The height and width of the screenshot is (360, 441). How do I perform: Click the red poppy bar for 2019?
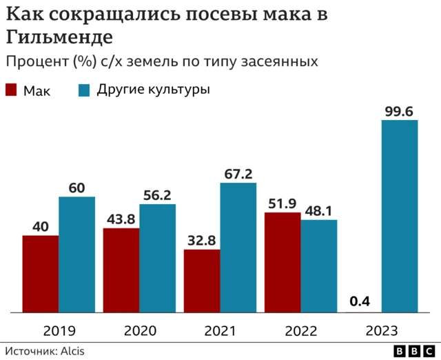tap(41, 274)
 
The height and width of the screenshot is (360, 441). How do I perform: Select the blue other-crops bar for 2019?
tap(76, 255)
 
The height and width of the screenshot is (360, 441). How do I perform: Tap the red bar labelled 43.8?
tap(121, 271)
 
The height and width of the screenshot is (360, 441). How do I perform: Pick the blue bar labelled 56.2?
tap(157, 259)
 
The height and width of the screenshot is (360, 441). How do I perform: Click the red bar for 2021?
tap(202, 281)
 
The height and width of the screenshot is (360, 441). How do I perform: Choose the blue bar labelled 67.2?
tap(238, 248)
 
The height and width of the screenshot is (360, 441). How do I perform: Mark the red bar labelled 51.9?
tap(283, 263)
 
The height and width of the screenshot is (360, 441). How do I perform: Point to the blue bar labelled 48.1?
tap(318, 266)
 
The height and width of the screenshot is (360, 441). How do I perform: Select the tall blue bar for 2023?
tap(400, 217)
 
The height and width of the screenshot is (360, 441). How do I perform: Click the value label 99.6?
tap(400, 110)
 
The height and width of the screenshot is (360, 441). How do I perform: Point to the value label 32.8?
tap(202, 239)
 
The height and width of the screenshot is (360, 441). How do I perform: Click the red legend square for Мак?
tap(11, 90)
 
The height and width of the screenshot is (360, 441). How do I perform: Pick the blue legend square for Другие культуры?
tap(85, 90)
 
